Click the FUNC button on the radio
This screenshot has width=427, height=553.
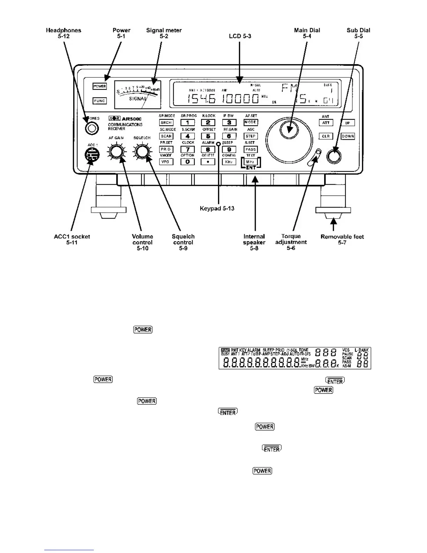click(99, 101)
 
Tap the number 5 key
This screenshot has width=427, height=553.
click(208, 136)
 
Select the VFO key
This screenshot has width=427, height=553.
click(166, 162)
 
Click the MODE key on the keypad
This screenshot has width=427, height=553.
click(250, 123)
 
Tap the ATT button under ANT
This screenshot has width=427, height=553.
click(326, 123)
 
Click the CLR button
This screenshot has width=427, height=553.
click(326, 136)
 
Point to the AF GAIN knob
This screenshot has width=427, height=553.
click(116, 152)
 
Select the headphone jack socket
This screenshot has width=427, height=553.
click(91, 128)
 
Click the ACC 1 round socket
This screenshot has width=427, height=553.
click(92, 154)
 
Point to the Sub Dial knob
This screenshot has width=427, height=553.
click(334, 156)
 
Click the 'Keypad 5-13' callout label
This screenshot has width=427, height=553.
click(217, 208)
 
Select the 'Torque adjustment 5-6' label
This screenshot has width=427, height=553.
click(291, 242)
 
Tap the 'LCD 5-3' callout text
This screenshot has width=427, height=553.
click(240, 36)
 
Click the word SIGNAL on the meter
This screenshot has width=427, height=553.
click(138, 99)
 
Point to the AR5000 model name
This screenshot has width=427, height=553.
click(132, 119)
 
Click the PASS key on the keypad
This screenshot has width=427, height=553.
click(250, 149)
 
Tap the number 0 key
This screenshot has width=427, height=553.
click(187, 162)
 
